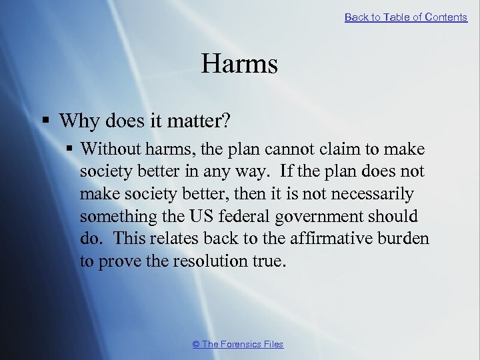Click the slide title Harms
click(x=239, y=64)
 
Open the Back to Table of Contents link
click(x=405, y=17)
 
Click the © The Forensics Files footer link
click(x=237, y=344)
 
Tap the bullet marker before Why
click(x=46, y=121)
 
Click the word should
click(x=393, y=217)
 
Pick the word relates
click(x=170, y=239)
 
